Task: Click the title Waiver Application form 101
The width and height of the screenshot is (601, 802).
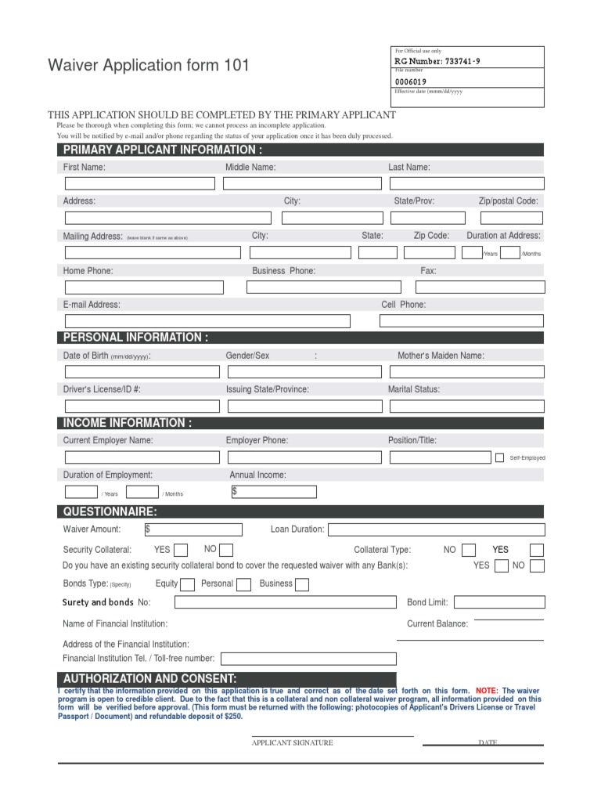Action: [x=149, y=66]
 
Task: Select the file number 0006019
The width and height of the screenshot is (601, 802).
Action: [x=411, y=81]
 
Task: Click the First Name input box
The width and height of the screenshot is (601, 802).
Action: [x=139, y=183]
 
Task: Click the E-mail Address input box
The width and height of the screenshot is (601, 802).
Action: [x=207, y=321]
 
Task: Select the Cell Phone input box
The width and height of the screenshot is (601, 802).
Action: [x=461, y=320]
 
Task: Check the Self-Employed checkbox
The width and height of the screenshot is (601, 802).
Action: [x=499, y=457]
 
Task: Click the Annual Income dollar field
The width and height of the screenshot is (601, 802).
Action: [x=274, y=492]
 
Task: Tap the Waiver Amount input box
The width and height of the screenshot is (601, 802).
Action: [x=193, y=529]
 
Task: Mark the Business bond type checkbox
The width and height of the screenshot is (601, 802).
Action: [x=301, y=584]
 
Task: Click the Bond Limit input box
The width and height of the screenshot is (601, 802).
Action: [x=498, y=602]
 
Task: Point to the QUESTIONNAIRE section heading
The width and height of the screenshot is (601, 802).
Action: [x=110, y=512]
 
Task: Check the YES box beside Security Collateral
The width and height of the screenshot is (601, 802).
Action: [x=180, y=550]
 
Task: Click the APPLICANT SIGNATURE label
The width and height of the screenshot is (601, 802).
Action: [x=292, y=742]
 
